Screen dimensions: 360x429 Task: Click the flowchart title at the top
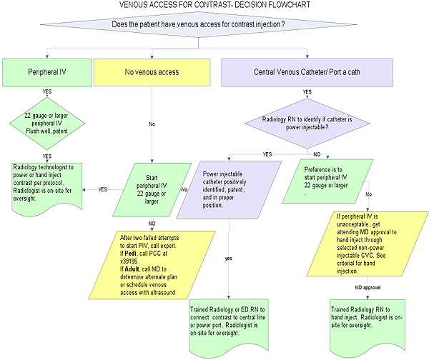coord(215,6)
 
